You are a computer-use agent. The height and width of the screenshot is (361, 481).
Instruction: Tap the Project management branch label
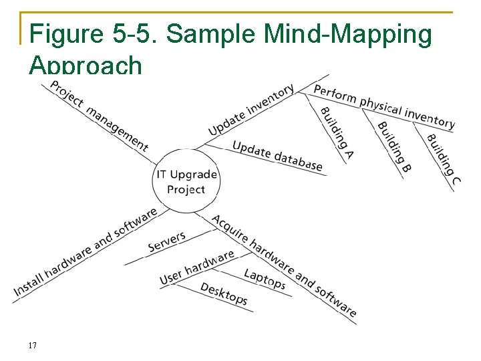(99, 115)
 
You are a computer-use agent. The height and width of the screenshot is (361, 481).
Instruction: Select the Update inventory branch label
(251, 110)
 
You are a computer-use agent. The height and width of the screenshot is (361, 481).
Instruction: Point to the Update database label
(277, 155)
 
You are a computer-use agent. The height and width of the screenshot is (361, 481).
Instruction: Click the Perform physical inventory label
(383, 107)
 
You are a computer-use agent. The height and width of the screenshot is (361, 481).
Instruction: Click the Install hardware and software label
(85, 253)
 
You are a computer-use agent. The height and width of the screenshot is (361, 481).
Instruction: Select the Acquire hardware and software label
(284, 265)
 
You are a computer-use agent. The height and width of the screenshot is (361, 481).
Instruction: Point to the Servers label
(166, 242)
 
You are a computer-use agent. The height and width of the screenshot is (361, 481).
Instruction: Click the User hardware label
(196, 267)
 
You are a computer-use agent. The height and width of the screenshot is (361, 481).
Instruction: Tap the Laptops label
(265, 279)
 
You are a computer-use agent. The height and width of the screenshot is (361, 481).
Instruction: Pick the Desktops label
(224, 293)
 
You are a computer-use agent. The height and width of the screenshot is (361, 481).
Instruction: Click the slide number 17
(32, 346)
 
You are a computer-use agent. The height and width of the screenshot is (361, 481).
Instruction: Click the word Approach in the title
(86, 66)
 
